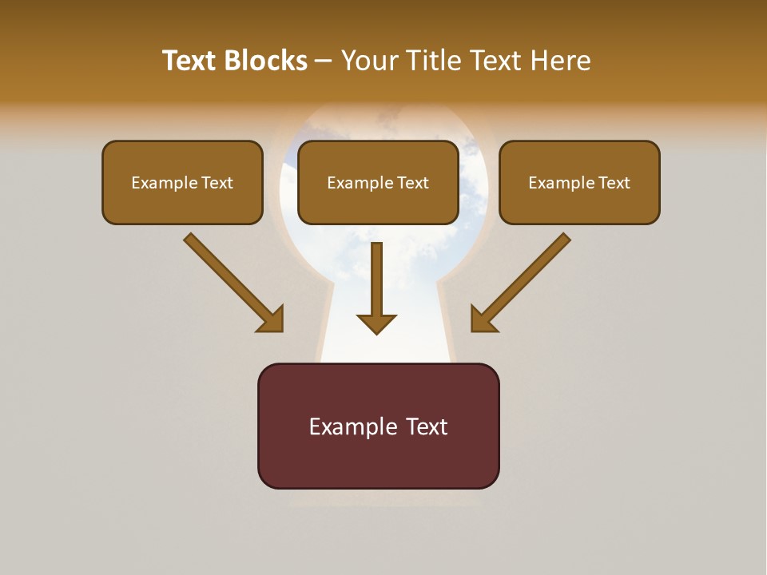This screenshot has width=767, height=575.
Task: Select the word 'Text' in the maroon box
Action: point(425,426)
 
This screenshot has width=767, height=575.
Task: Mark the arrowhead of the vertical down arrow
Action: point(376,323)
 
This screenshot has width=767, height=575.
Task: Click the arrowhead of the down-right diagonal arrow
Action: point(272,319)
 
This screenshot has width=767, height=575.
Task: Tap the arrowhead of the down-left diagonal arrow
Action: point(483,319)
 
